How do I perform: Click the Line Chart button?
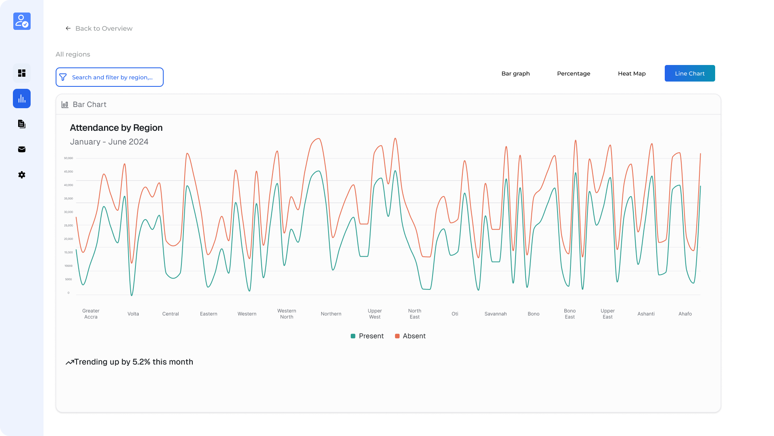coord(689,73)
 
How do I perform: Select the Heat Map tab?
coord(631,73)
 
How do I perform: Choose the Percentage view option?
coord(573,73)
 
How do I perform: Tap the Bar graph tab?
coord(515,73)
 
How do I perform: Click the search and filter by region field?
coord(110,77)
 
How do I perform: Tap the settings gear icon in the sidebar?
coord(22,175)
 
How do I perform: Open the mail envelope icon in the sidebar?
coord(22,149)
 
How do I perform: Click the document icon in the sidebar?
coord(22,124)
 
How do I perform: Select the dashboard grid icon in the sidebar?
coord(22,73)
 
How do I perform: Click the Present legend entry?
coord(367,336)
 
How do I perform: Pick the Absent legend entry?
coord(410,336)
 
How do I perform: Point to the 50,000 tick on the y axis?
coord(69,158)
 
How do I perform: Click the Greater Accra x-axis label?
coord(91,314)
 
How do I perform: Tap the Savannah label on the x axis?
coord(495,314)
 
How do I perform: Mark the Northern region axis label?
coord(331,314)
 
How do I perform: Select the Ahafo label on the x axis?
coord(685,314)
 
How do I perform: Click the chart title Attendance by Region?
coord(116,128)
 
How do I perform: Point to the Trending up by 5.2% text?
coord(133,362)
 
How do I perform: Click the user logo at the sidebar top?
coord(22,21)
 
